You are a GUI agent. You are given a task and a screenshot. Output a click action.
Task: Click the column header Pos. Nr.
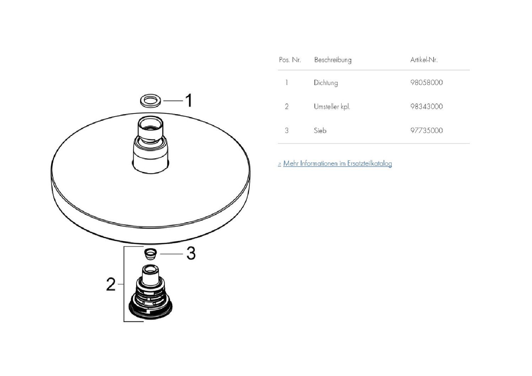pyautogui.click(x=290, y=60)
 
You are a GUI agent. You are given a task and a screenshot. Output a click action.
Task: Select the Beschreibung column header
pyautogui.click(x=333, y=60)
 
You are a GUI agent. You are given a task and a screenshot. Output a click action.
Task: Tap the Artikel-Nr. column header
pyautogui.click(x=424, y=60)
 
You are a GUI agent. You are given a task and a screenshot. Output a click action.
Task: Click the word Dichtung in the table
pyautogui.click(x=326, y=83)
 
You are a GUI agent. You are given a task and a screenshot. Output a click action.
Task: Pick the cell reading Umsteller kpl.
pyautogui.click(x=332, y=106)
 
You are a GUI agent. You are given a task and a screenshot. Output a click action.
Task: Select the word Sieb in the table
pyautogui.click(x=320, y=130)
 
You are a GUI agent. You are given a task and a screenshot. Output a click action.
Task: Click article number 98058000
pyautogui.click(x=426, y=82)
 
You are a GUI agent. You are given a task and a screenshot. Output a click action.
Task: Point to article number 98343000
pyautogui.click(x=426, y=106)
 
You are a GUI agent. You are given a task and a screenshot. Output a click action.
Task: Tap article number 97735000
pyautogui.click(x=426, y=130)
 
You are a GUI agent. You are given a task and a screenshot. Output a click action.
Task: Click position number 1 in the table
pyautogui.click(x=287, y=82)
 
